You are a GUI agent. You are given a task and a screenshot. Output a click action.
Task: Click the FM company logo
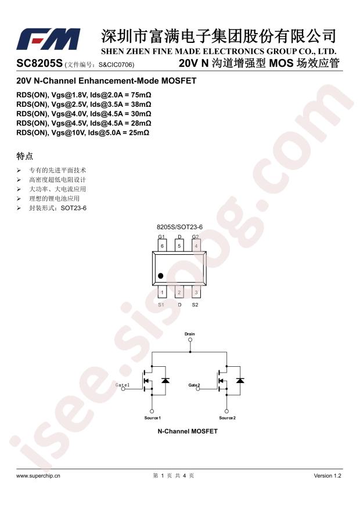pyautogui.click(x=48, y=39)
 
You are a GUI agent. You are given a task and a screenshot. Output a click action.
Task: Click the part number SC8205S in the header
pyautogui.click(x=39, y=63)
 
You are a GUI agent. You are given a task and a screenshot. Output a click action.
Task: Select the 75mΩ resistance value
pyautogui.click(x=141, y=95)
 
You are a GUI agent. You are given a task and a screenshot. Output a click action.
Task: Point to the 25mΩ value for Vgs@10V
pyautogui.click(x=139, y=133)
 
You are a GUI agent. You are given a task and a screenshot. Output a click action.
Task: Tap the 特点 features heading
pyautogui.click(x=24, y=156)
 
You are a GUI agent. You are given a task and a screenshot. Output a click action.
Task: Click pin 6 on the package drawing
pyautogui.click(x=162, y=246)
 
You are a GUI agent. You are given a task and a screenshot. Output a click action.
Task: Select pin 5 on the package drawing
pyautogui.click(x=179, y=246)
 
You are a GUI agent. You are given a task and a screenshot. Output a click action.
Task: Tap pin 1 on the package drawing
pyautogui.click(x=162, y=292)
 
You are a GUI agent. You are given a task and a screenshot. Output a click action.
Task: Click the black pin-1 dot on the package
pyautogui.click(x=160, y=276)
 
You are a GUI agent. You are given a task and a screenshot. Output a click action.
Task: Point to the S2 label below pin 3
pyautogui.click(x=195, y=305)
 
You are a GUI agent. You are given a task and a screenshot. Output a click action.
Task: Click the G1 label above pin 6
pyautogui.click(x=161, y=237)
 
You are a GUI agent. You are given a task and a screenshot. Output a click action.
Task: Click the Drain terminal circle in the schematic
pyautogui.click(x=190, y=340)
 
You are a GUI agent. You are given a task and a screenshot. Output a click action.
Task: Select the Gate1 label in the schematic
pyautogui.click(x=123, y=385)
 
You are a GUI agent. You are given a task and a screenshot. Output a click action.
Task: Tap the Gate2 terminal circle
pyautogui.click(x=197, y=388)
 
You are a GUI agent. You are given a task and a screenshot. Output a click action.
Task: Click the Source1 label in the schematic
pyautogui.click(x=153, y=418)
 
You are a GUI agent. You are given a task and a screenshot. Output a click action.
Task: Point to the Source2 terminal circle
pyautogui.click(x=226, y=411)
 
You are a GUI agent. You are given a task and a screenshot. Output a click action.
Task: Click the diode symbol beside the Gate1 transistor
pyautogui.click(x=165, y=381)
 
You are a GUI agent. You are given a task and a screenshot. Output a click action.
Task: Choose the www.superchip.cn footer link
pyautogui.click(x=38, y=476)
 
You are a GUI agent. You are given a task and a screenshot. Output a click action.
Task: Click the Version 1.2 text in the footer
pyautogui.click(x=327, y=476)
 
